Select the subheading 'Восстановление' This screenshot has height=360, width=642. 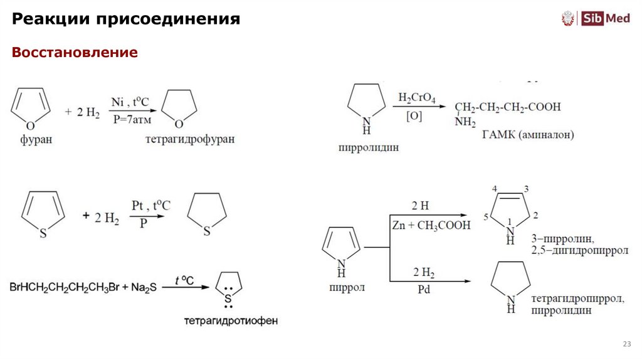tap(75, 52)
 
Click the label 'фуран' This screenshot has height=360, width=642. tap(35, 140)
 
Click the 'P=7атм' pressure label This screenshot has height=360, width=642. tap(132, 119)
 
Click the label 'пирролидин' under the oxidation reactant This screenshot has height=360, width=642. tap(368, 148)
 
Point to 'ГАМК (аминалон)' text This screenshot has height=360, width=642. tap(528, 135)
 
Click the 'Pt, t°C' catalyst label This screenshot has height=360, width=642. tap(150, 205)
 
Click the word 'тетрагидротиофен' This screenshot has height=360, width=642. tap(230, 320)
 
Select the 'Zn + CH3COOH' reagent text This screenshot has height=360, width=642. tap(430, 226)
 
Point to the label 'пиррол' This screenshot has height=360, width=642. tap(346, 288)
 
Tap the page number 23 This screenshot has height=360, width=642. tap(626, 344)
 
